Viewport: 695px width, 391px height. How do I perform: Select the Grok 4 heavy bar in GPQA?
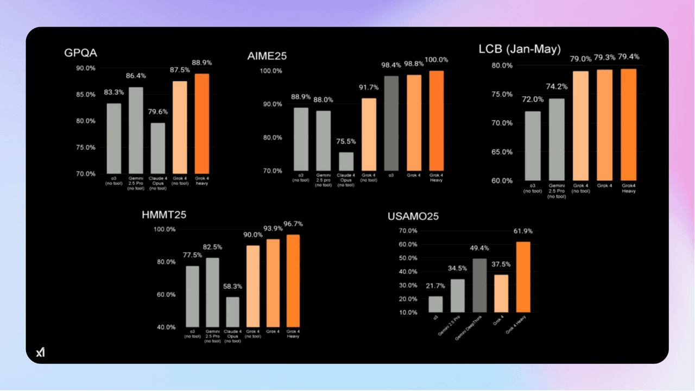[x=202, y=123]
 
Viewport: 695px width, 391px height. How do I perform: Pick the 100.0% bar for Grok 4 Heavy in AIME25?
[x=436, y=121]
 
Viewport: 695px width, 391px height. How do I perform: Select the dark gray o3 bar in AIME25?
[x=391, y=123]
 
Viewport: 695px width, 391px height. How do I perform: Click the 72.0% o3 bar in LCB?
[x=533, y=146]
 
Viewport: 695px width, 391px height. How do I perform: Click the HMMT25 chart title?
[x=164, y=215]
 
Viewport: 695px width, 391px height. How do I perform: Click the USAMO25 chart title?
[x=413, y=217]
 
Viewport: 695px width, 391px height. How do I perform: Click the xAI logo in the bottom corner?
[x=40, y=352]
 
